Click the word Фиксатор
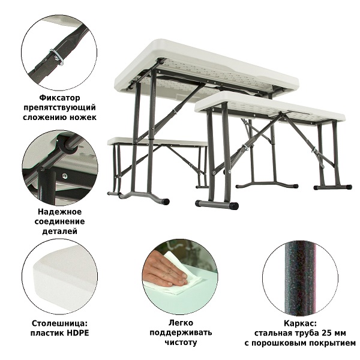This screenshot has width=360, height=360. point(59,98)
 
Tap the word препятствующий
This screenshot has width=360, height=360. point(59,107)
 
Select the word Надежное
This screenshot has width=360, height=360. point(59,211)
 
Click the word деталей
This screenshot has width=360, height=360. point(59,231)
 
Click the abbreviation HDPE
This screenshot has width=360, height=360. point(78,333)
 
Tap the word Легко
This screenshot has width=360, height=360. point(181,323)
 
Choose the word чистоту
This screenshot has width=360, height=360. point(181,343)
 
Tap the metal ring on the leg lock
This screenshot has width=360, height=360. point(58,57)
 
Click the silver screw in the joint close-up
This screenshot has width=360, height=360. point(65,176)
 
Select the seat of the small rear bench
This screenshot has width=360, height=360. point(157,141)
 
